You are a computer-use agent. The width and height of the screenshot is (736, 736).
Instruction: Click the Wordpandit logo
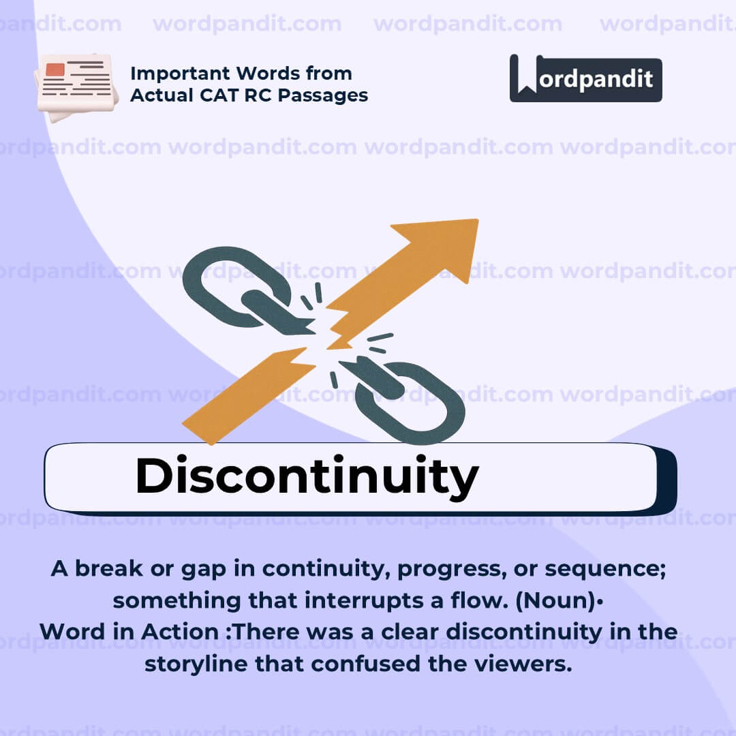[x=585, y=78]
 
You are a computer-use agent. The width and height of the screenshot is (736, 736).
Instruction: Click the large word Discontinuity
[x=306, y=476]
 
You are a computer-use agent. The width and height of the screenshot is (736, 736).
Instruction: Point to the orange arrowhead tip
[x=470, y=228]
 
